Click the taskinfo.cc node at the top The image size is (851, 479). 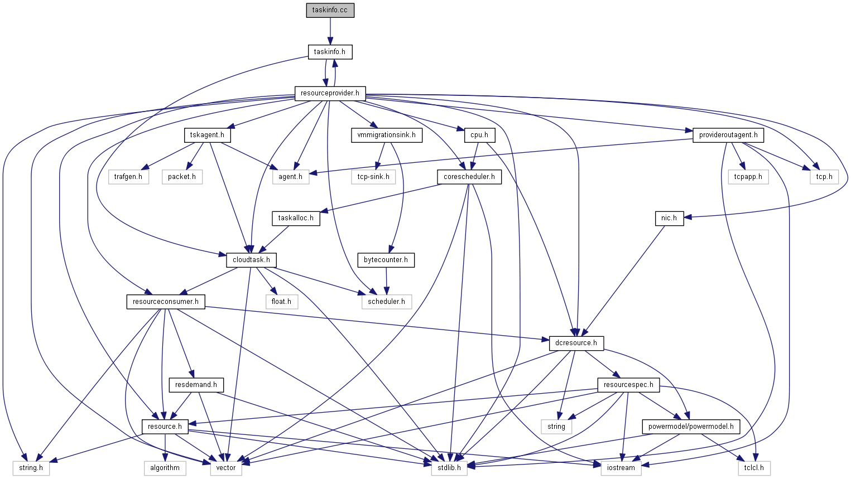[330, 11]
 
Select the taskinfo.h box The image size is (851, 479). [330, 52]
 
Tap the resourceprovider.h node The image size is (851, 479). [330, 93]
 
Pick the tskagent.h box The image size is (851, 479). [207, 135]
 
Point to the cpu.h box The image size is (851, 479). [479, 135]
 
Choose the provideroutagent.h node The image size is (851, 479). [728, 135]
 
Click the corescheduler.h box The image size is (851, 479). [469, 177]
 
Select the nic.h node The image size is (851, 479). [669, 218]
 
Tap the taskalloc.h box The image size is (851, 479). [296, 218]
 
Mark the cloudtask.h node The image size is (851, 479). [251, 260]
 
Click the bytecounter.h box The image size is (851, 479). [386, 260]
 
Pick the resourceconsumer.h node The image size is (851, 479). [165, 302]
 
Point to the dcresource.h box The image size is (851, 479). [576, 343]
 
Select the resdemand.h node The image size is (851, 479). [196, 385]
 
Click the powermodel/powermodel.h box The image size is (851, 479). [691, 427]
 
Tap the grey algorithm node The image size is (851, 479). [165, 468]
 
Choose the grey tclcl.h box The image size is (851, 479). [753, 468]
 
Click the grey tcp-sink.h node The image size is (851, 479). [373, 177]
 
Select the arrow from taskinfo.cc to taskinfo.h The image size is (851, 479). [330, 31]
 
